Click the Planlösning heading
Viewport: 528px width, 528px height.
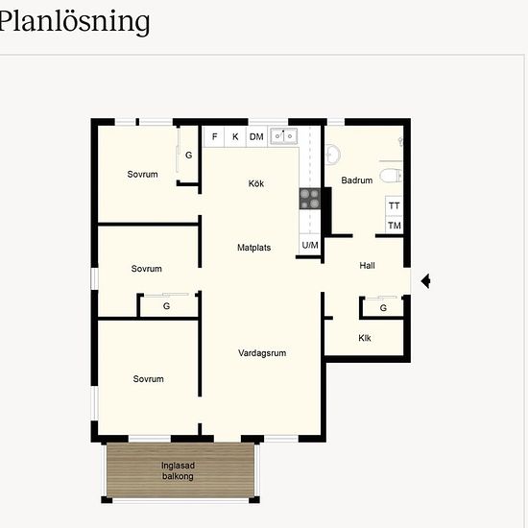74,22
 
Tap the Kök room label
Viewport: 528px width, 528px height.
256,183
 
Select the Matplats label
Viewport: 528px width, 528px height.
253,248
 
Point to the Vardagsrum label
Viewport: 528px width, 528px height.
262,353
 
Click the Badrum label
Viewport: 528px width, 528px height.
356,180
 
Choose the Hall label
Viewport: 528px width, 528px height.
367,265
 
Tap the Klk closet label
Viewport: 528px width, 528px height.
365,338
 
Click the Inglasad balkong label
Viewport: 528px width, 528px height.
178,470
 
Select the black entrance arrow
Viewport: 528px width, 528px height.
425,281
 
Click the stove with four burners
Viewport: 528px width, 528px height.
310,199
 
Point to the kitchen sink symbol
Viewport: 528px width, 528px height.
283,136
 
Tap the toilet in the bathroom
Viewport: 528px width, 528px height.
391,176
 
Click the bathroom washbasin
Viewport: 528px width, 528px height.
332,155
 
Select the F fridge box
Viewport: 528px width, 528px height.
214,136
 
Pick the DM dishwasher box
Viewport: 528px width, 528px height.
256,136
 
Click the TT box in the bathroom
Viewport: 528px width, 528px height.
394,205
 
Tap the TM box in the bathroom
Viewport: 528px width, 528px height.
394,225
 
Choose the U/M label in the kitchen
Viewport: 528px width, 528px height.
310,245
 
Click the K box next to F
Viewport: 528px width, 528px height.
235,136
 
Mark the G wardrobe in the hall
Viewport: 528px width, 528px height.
383,307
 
